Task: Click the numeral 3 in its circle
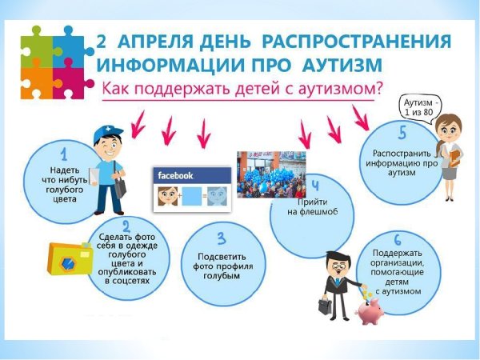(x=222, y=238)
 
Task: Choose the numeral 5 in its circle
(x=402, y=132)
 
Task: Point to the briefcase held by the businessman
(x=326, y=305)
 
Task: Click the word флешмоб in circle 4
(x=314, y=211)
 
